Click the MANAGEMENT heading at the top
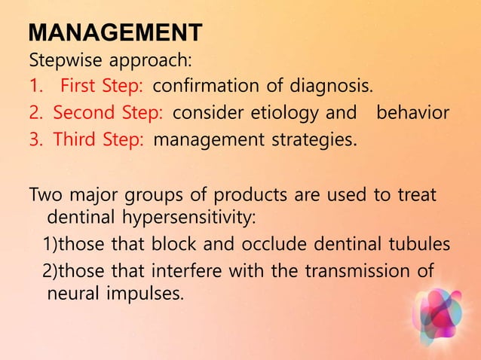click(115, 33)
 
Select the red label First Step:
click(103, 86)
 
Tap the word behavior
click(412, 113)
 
